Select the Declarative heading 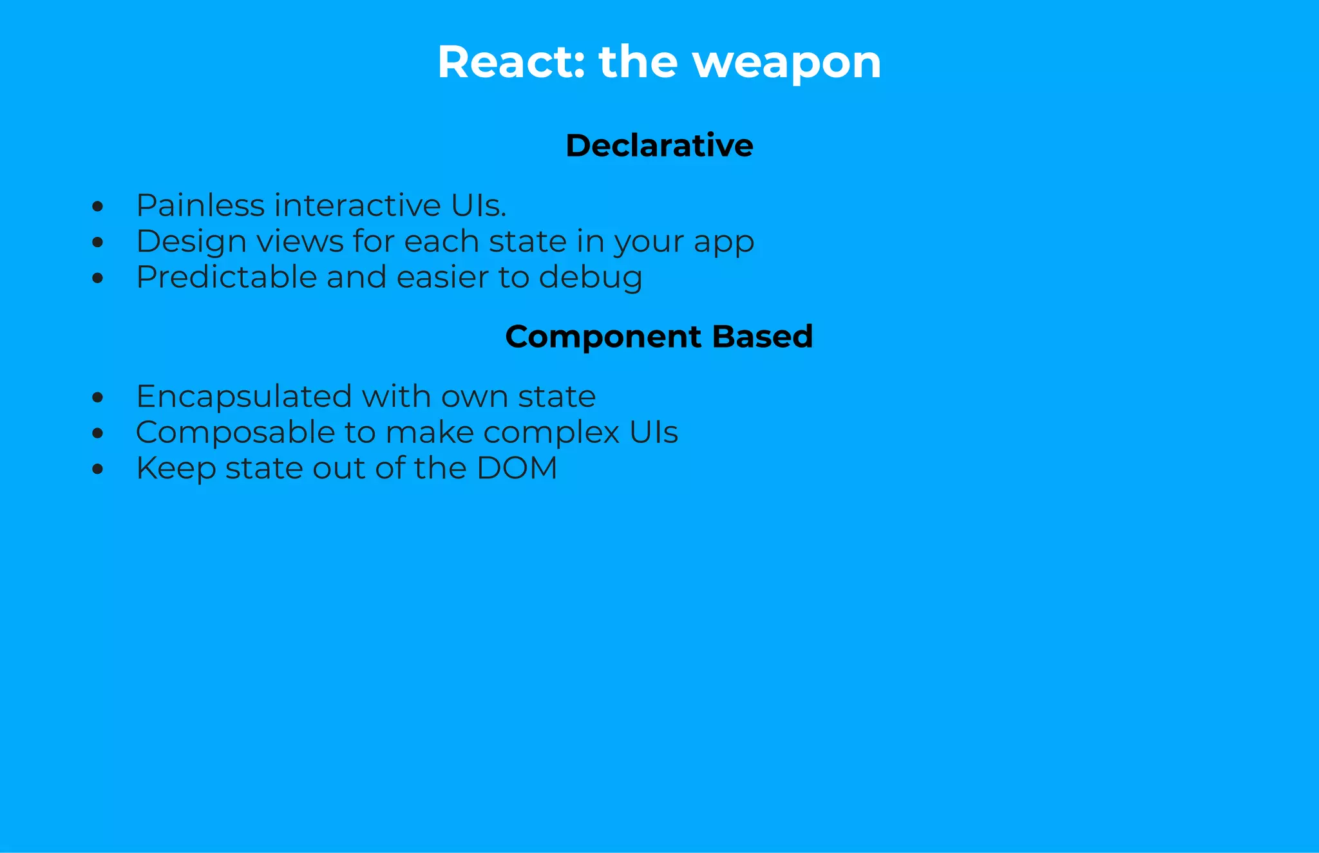coord(659,145)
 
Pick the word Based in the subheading coord(763,336)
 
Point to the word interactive coord(357,205)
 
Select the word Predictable coord(226,277)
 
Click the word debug coord(590,278)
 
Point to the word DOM coord(517,468)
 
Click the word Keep coord(176,469)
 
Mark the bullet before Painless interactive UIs coord(97,207)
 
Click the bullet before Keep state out coord(97,469)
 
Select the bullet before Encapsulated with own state coord(97,397)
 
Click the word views coord(299,242)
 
